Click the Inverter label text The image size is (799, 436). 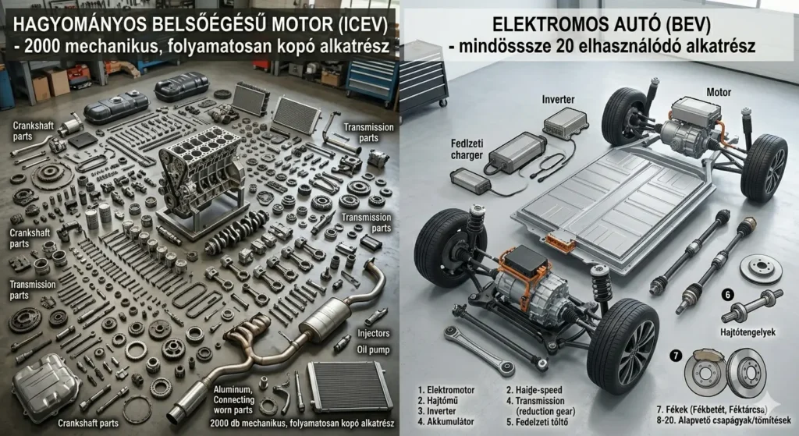point(558,99)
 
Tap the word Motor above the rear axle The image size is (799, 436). point(719,92)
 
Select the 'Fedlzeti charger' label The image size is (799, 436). point(467,149)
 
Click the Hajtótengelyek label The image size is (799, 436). point(748,332)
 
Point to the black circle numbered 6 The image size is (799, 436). point(728,294)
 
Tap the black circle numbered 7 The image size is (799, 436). point(676,356)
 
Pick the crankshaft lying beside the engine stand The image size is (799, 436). point(237,231)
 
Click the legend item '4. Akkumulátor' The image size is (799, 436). point(446,422)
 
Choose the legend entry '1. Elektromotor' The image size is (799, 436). point(446,390)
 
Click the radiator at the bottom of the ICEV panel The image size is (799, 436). point(350,387)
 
